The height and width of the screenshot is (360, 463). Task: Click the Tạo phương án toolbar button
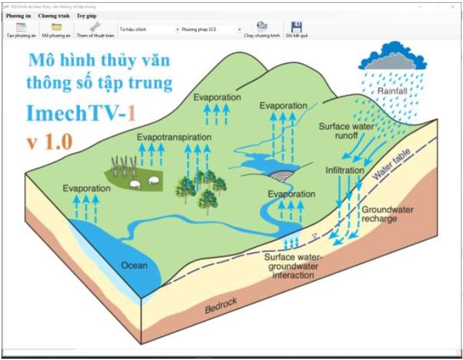tap(22, 30)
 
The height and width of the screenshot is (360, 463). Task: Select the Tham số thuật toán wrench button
tap(94, 30)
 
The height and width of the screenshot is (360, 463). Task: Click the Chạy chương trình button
tap(261, 30)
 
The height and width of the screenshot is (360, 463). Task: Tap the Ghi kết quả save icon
tap(296, 30)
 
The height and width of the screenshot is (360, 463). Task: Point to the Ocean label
tap(134, 265)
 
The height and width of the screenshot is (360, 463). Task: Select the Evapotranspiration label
tap(174, 137)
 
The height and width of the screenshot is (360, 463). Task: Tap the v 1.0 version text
tap(50, 142)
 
